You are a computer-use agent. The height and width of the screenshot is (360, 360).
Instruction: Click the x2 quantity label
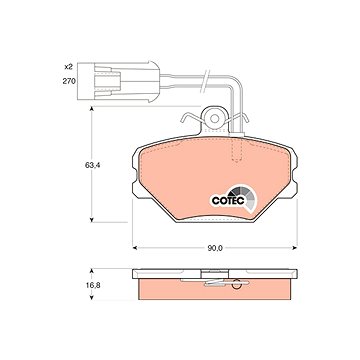click(x=68, y=67)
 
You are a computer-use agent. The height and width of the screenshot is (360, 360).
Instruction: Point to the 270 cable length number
click(x=70, y=81)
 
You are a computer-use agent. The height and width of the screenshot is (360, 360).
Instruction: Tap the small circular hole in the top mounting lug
click(x=214, y=118)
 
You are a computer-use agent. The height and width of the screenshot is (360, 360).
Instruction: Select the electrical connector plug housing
click(x=119, y=81)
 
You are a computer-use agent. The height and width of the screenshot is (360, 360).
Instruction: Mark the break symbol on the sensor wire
click(x=204, y=82)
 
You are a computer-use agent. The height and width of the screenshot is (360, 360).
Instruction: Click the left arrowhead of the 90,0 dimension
click(x=135, y=248)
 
